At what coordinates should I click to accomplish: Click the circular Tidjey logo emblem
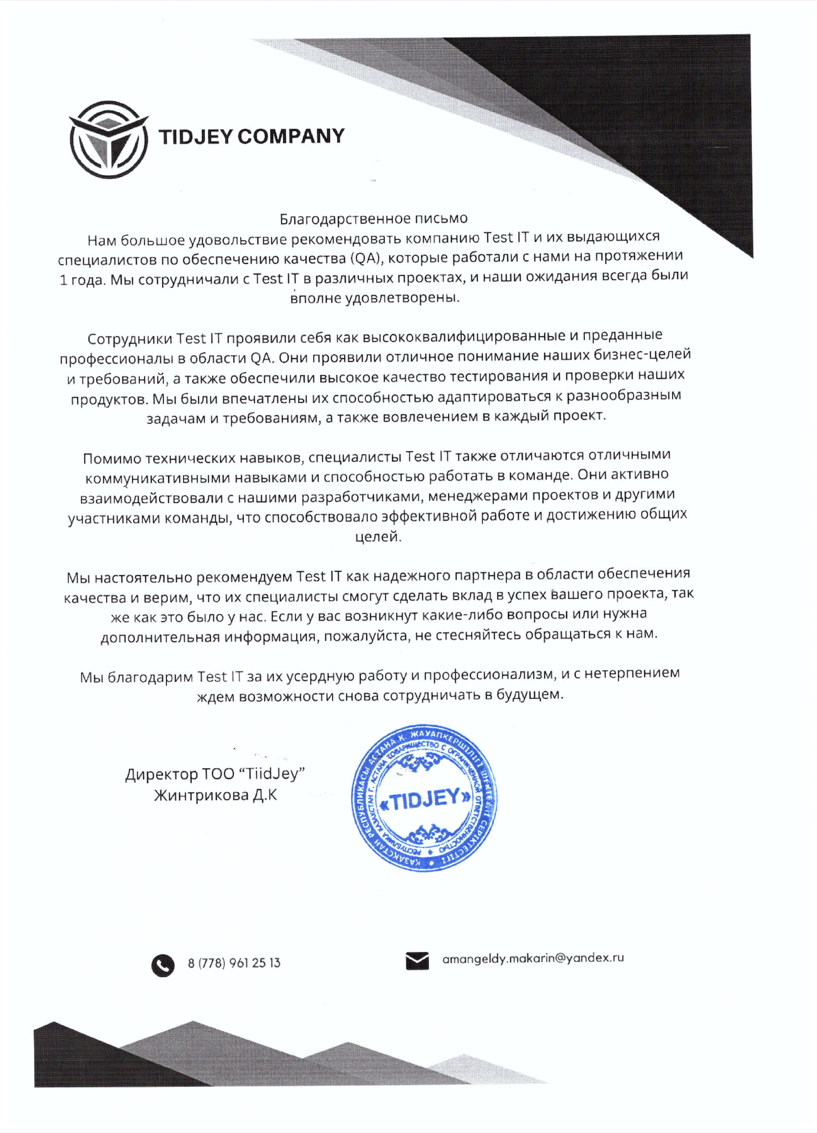[x=108, y=140]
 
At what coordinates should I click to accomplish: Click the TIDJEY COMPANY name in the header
[x=251, y=137]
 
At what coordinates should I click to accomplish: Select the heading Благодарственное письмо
[x=373, y=218]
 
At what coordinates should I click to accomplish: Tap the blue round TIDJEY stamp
[x=424, y=798]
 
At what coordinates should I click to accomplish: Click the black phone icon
[x=163, y=965]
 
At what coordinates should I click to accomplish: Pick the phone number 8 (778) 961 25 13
[x=234, y=963]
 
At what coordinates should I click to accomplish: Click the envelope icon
[x=417, y=961]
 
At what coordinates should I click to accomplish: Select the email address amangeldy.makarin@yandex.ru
[x=533, y=958]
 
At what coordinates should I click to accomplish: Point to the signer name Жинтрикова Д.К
[x=215, y=796]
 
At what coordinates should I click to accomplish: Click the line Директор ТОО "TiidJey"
[x=215, y=774]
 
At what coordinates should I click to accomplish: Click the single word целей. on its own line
[x=378, y=537]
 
